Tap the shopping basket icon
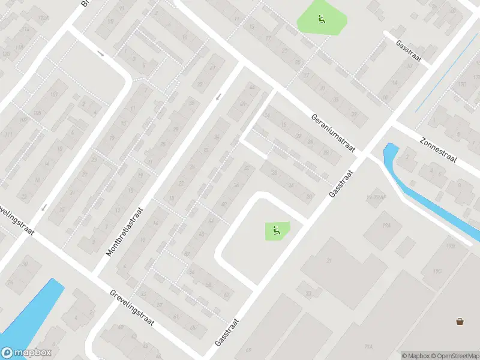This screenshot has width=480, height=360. pos(460,322)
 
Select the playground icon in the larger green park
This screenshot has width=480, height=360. pos(321,19)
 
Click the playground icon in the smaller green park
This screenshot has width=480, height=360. pos(276,229)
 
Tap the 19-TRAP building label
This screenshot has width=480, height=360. pos(375,197)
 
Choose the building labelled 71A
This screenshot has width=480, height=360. pos(368,347)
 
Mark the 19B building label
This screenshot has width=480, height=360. pos(451,245)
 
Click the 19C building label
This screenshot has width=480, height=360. pos(436,271)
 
